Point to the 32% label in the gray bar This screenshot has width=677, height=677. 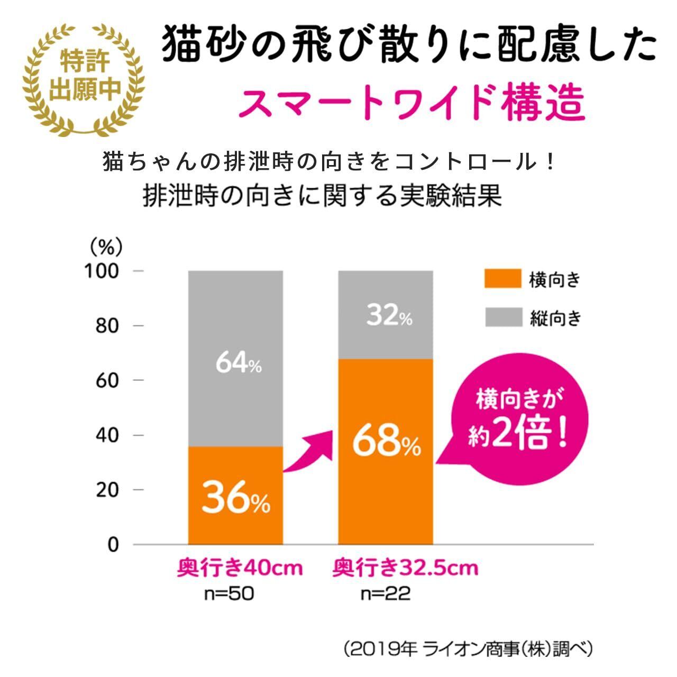pyautogui.click(x=389, y=316)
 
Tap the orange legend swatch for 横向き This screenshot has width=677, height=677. pyautogui.click(x=502, y=279)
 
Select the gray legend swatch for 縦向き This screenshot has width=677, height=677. pyautogui.click(x=502, y=317)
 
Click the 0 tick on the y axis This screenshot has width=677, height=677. pyautogui.click(x=113, y=545)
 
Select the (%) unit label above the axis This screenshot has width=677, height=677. pyautogui.click(x=106, y=246)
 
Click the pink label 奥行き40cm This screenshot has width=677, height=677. pyautogui.click(x=240, y=569)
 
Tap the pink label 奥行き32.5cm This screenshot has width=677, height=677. pyautogui.click(x=405, y=569)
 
